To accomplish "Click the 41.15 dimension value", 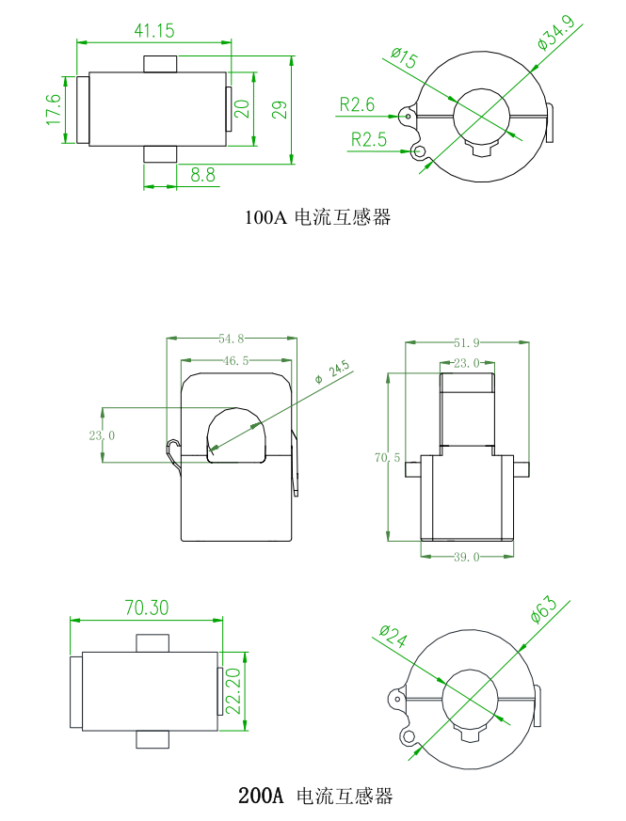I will tap(154, 31).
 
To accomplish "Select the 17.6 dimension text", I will tap(53, 109).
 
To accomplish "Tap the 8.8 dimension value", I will tap(202, 175).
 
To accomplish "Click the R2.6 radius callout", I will tap(357, 104).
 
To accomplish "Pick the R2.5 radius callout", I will tap(369, 140).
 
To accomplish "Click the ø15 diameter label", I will tap(403, 59).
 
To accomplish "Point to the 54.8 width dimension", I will tap(232, 338).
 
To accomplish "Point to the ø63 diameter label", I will tap(545, 608).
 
